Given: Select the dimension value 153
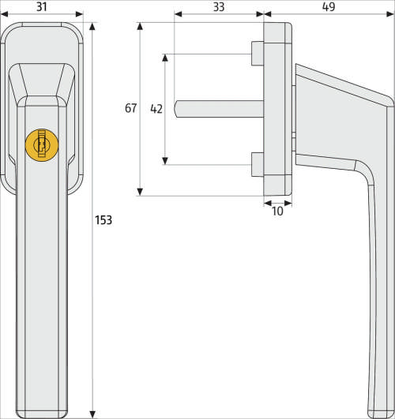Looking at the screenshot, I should click(103, 220).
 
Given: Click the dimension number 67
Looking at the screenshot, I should click(131, 109).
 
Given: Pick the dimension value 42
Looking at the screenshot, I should click(156, 109).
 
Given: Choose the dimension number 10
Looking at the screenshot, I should click(276, 211).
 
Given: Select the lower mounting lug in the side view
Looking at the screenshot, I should click(256, 164).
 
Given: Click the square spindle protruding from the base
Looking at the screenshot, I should click(218, 109).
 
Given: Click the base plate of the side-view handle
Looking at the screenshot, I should click(277, 109).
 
